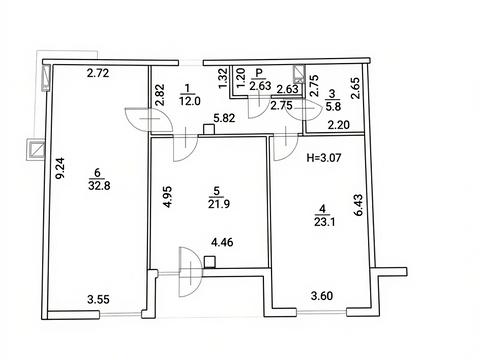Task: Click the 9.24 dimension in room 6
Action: pyautogui.click(x=61, y=168)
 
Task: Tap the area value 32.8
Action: pyautogui.click(x=99, y=185)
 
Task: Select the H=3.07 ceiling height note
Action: pyautogui.click(x=324, y=157)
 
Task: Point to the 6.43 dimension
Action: pyautogui.click(x=358, y=205)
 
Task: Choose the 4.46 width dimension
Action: pyautogui.click(x=222, y=242)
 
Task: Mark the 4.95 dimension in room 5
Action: pyautogui.click(x=168, y=197)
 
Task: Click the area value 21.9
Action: pyautogui.click(x=219, y=203)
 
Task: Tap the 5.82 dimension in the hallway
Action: pyautogui.click(x=224, y=118)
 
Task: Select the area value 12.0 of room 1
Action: pyautogui.click(x=190, y=101)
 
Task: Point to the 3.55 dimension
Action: pyautogui.click(x=98, y=299)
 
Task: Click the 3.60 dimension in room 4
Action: pyautogui.click(x=322, y=296)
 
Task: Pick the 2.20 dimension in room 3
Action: pyautogui.click(x=339, y=125)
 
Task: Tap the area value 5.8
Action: pyautogui.click(x=333, y=106)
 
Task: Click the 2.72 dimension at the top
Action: pyautogui.click(x=98, y=73)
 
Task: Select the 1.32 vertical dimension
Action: pyautogui.click(x=224, y=78)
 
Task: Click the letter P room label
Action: pyautogui.click(x=259, y=72)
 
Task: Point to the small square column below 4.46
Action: pyautogui.click(x=209, y=262)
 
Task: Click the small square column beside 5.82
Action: pyautogui.click(x=209, y=130)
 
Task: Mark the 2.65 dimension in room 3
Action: pyautogui.click(x=355, y=88)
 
